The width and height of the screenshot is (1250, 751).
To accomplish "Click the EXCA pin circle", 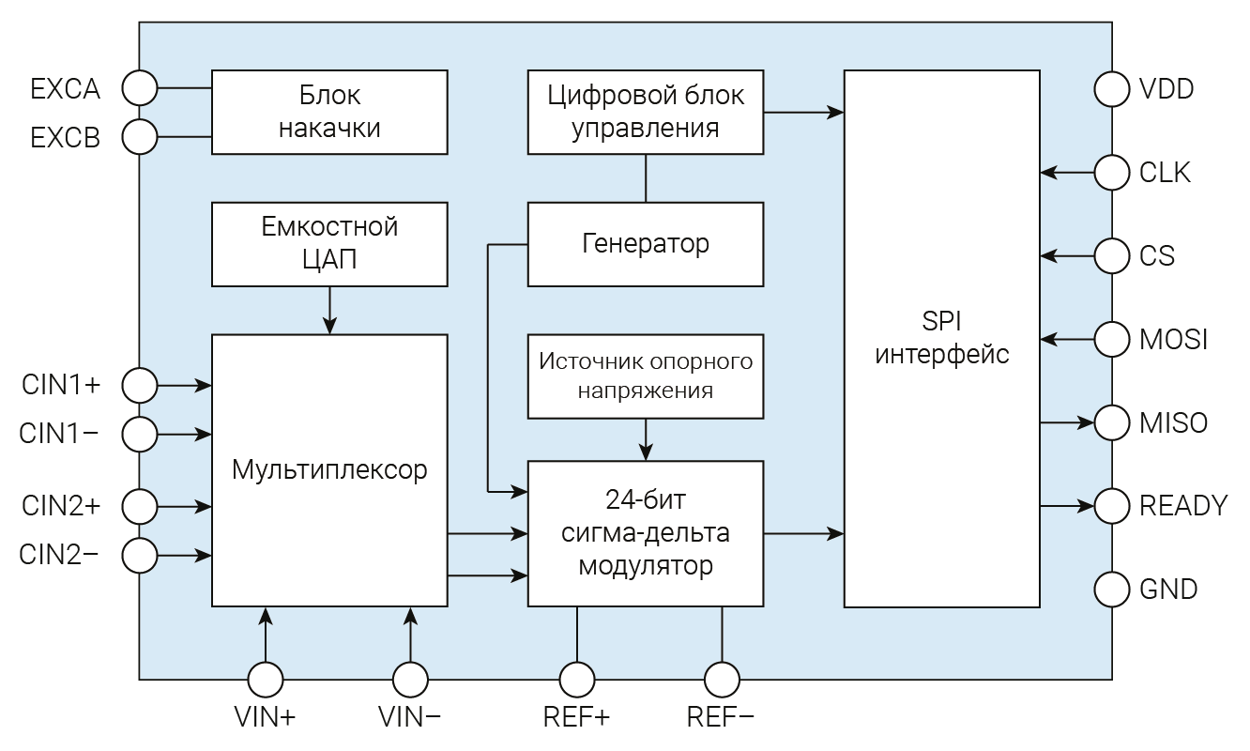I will [140, 88].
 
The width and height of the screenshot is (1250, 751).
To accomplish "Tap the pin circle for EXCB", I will [140, 137].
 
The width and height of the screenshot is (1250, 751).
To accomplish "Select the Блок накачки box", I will [329, 112].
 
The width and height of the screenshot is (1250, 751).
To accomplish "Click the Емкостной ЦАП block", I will [329, 243].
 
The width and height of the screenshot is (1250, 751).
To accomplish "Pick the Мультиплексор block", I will [329, 469].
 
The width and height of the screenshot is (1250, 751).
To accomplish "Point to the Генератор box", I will [646, 244].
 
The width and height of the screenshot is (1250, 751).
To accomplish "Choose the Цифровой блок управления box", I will [646, 112].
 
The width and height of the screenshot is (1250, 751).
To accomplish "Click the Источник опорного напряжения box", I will [646, 375].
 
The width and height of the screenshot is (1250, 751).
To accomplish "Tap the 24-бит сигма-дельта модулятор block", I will [646, 533].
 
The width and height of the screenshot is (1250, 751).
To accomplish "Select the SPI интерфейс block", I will [942, 338].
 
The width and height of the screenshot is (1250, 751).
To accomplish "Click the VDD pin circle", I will [1112, 89].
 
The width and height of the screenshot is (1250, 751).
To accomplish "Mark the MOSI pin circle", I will [1112, 339].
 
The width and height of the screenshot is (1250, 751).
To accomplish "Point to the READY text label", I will [1182, 506].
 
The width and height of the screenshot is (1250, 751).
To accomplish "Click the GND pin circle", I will [1112, 590].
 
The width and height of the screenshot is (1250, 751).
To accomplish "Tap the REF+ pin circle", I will [576, 679].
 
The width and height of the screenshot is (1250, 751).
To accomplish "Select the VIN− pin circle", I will [410, 679].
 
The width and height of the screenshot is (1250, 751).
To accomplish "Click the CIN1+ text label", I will [60, 384].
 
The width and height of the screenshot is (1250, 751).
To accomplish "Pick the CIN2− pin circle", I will [140, 555].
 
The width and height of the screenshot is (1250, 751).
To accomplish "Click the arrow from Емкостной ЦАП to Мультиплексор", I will [329, 310].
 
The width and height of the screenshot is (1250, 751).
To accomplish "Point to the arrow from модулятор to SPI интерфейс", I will [803, 534].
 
